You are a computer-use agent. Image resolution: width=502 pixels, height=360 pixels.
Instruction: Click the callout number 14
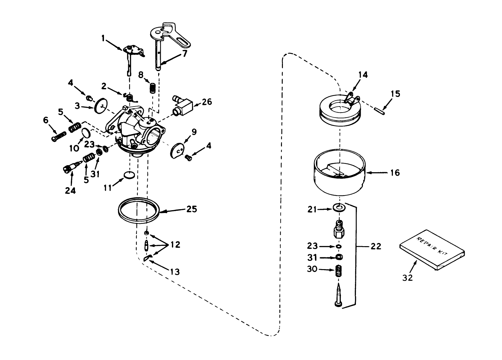[363, 75]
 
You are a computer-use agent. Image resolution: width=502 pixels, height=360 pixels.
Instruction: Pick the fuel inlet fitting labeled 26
[183, 104]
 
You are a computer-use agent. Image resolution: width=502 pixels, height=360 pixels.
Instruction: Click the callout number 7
[184, 53]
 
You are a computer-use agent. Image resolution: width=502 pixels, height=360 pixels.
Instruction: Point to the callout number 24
[70, 190]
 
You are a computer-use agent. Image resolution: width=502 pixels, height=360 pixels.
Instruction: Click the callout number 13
[175, 272]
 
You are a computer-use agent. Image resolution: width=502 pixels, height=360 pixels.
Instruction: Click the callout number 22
[376, 246]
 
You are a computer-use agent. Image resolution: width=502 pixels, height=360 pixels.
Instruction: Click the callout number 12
[175, 245]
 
